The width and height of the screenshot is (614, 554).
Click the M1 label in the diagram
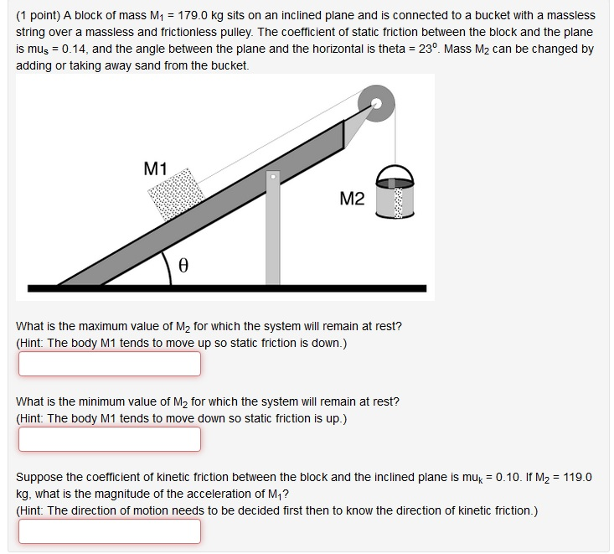(x=157, y=168)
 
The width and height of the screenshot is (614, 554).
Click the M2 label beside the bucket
(x=353, y=199)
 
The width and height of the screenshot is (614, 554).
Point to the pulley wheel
(x=375, y=104)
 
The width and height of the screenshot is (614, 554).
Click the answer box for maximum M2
(x=110, y=364)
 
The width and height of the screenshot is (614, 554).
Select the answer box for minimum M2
(x=110, y=439)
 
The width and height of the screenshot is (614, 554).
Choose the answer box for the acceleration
(x=110, y=531)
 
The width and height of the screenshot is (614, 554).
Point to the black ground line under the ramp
(x=226, y=288)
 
